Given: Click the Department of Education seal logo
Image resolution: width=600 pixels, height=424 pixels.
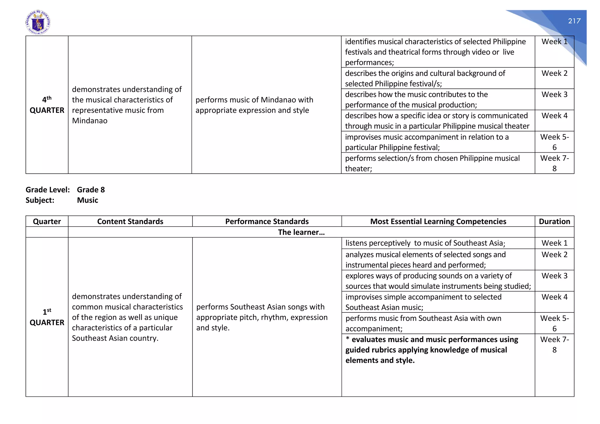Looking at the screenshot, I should tap(38, 23).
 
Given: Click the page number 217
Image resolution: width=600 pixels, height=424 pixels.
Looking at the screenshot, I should tap(574, 21).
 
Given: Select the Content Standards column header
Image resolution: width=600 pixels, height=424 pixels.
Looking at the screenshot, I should tap(130, 221).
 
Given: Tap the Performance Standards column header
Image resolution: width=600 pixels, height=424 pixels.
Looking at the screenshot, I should tap(267, 221).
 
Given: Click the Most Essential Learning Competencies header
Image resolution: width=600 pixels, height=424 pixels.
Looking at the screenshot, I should tap(438, 221).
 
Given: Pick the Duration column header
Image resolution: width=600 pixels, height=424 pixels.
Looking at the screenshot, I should tap(554, 221).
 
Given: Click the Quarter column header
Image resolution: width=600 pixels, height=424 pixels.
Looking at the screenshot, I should tap(47, 221).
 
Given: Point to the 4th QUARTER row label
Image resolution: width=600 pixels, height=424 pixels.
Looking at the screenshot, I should tap(47, 105).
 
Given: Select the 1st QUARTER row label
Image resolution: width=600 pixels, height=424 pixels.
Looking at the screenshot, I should tap(47, 317).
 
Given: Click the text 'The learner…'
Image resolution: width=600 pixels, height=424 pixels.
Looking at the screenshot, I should tap(301, 232).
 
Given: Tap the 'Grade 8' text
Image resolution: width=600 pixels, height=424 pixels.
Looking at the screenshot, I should tap(91, 190).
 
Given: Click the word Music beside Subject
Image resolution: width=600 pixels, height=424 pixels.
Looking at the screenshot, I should tap(87, 200).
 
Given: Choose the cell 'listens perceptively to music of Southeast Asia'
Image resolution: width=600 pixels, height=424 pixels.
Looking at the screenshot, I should tap(425, 243).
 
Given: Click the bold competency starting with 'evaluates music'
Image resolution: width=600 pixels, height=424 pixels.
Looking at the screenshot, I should tap(432, 350).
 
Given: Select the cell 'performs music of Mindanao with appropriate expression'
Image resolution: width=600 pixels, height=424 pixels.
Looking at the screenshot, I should tap(254, 105).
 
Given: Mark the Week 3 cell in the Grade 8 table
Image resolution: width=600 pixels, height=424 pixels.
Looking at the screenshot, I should tap(554, 276).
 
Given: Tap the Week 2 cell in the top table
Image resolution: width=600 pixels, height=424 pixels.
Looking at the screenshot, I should tap(554, 73).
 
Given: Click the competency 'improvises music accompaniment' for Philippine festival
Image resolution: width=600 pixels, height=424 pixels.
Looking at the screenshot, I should tap(427, 142).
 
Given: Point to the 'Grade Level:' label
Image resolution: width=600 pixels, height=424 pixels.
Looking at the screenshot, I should tap(48, 190).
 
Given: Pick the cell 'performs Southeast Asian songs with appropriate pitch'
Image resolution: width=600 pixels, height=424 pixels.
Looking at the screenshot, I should tap(262, 317).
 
